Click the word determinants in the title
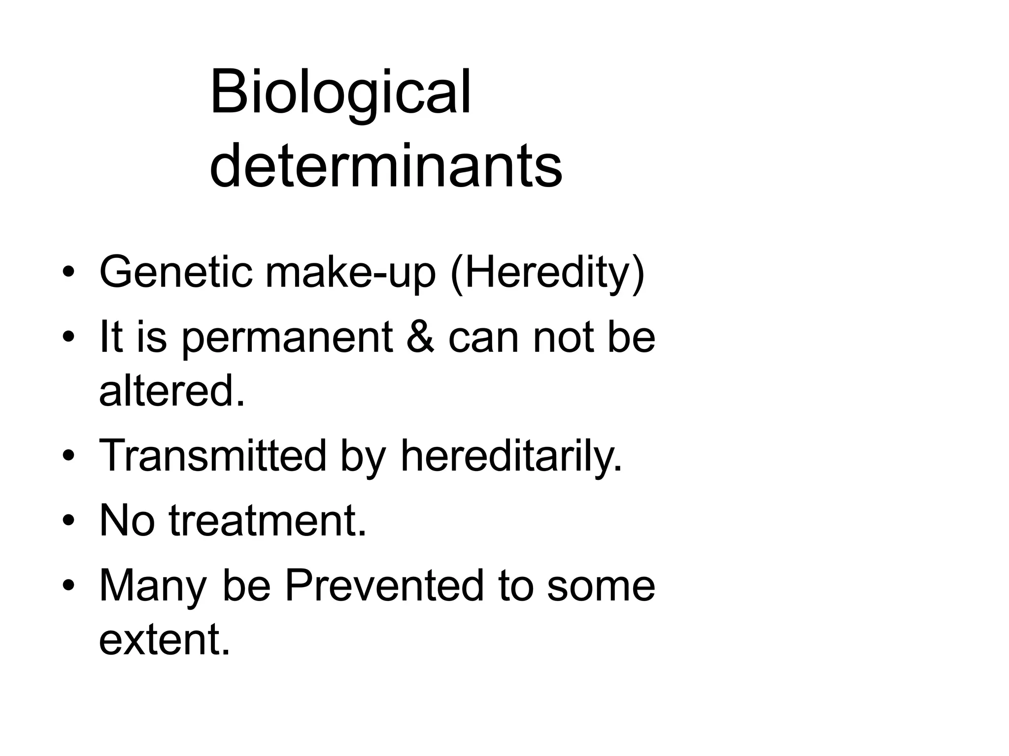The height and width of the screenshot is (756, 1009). (385, 165)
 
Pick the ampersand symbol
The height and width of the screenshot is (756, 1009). (420, 338)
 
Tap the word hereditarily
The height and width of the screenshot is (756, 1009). (511, 456)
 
